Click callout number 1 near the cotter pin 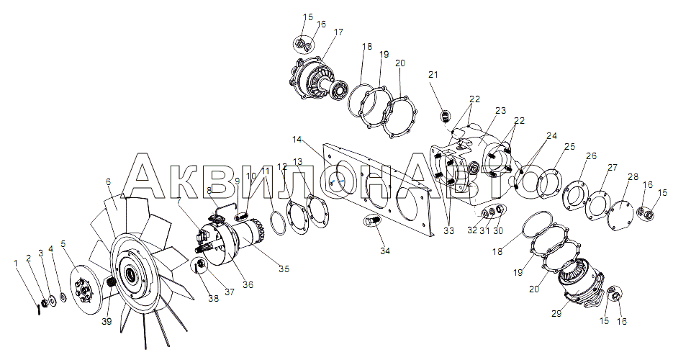tap(17, 263)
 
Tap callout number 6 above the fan tap(108, 182)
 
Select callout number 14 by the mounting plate tap(297, 140)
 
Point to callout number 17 tap(338, 32)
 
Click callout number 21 tap(433, 75)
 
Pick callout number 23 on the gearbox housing tap(501, 111)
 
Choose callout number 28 tap(633, 177)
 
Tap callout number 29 tap(556, 314)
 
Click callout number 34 tap(385, 251)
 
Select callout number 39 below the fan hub tap(107, 321)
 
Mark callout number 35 tap(284, 269)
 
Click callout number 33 tap(448, 231)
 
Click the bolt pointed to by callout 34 tap(371, 222)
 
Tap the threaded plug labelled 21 tap(445, 115)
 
